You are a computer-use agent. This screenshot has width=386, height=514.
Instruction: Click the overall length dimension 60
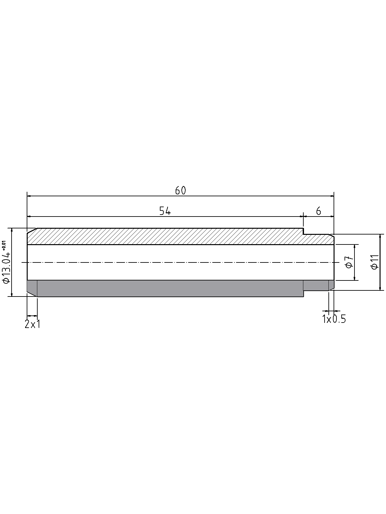click(x=180, y=191)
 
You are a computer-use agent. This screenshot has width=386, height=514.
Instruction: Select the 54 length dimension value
click(x=165, y=211)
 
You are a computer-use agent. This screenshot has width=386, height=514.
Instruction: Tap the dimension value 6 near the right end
click(x=318, y=211)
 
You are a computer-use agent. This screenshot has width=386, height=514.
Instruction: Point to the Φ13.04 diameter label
click(x=5, y=267)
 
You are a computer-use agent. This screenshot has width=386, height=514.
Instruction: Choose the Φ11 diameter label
click(x=375, y=262)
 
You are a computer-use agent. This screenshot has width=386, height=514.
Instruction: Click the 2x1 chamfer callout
click(x=32, y=324)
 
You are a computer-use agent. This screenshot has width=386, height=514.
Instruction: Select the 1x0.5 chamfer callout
click(x=334, y=319)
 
